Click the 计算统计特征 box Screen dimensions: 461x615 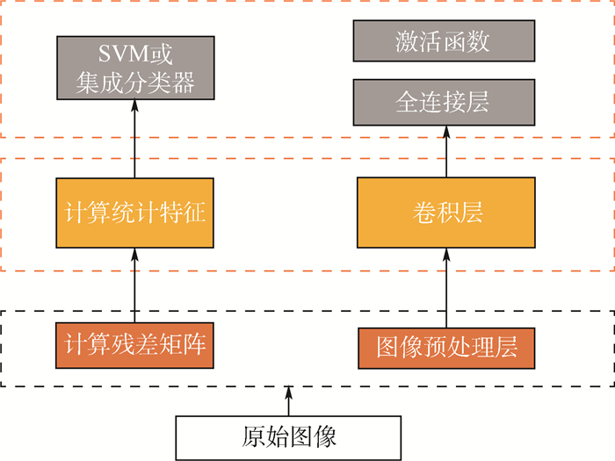pyautogui.click(x=135, y=212)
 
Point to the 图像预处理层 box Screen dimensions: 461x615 pyautogui.click(x=446, y=348)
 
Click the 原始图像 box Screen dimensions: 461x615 pyautogui.click(x=288, y=436)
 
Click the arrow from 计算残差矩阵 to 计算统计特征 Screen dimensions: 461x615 pyautogui.click(x=135, y=285)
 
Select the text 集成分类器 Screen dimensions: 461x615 pyautogui.click(x=135, y=83)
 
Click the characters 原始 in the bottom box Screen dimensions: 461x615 pyautogui.click(x=264, y=436)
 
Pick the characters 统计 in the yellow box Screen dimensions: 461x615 pyautogui.click(x=135, y=212)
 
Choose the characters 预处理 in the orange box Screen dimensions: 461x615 pyautogui.click(x=446, y=348)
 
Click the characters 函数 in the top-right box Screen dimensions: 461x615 pyautogui.click(x=467, y=40)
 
